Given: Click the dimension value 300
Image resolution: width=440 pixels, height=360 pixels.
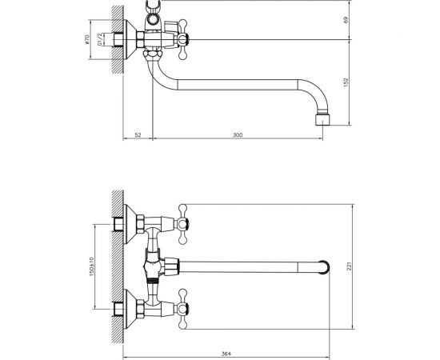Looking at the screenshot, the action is (238, 134).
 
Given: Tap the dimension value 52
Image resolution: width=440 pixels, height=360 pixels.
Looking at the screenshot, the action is (138, 134).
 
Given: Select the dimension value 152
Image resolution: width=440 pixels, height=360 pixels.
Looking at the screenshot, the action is (346, 82).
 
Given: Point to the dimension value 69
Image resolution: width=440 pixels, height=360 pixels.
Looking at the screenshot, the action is (346, 20).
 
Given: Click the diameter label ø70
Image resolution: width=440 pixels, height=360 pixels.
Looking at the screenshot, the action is (86, 39).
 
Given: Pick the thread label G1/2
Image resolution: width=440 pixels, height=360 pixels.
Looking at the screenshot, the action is (99, 39).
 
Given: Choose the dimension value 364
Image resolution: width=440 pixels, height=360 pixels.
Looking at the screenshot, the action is (226, 354).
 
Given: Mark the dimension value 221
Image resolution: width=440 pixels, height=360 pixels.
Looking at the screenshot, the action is (349, 266).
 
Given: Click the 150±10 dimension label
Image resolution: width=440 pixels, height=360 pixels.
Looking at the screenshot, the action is (91, 266).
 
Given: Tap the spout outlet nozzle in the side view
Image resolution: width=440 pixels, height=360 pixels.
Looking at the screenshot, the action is (322, 119).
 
